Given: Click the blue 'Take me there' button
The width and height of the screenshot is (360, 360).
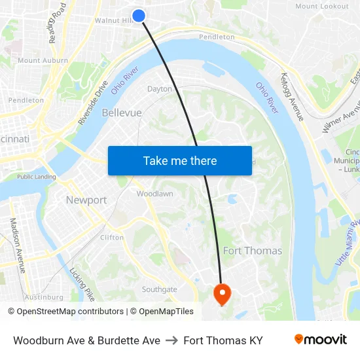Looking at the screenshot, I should (x=180, y=161).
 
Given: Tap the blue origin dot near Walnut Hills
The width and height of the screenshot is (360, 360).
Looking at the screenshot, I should (x=139, y=16).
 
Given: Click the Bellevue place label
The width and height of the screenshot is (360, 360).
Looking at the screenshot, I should (x=122, y=113).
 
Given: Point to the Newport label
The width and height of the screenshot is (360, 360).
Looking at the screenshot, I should (x=86, y=200).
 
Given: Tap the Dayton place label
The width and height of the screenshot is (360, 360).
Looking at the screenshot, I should (x=160, y=89).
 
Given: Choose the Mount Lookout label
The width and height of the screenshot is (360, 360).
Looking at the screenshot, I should (x=321, y=6).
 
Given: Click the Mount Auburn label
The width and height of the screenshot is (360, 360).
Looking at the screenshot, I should (x=43, y=60).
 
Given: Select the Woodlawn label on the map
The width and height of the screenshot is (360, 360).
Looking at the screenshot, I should (x=154, y=194).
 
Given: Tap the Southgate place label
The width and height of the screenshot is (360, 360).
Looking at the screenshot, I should (x=160, y=289).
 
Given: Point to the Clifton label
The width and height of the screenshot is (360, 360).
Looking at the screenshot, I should (x=112, y=238).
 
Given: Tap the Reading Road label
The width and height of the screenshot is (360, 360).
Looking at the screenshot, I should (x=58, y=23).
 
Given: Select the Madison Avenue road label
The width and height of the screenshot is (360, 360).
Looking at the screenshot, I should (x=17, y=245).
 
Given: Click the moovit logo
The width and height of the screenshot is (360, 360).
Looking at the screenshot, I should (x=320, y=340).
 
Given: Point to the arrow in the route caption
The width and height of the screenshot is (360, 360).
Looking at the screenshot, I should (x=171, y=340).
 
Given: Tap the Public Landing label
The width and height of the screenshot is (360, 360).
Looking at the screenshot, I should (x=36, y=177).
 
